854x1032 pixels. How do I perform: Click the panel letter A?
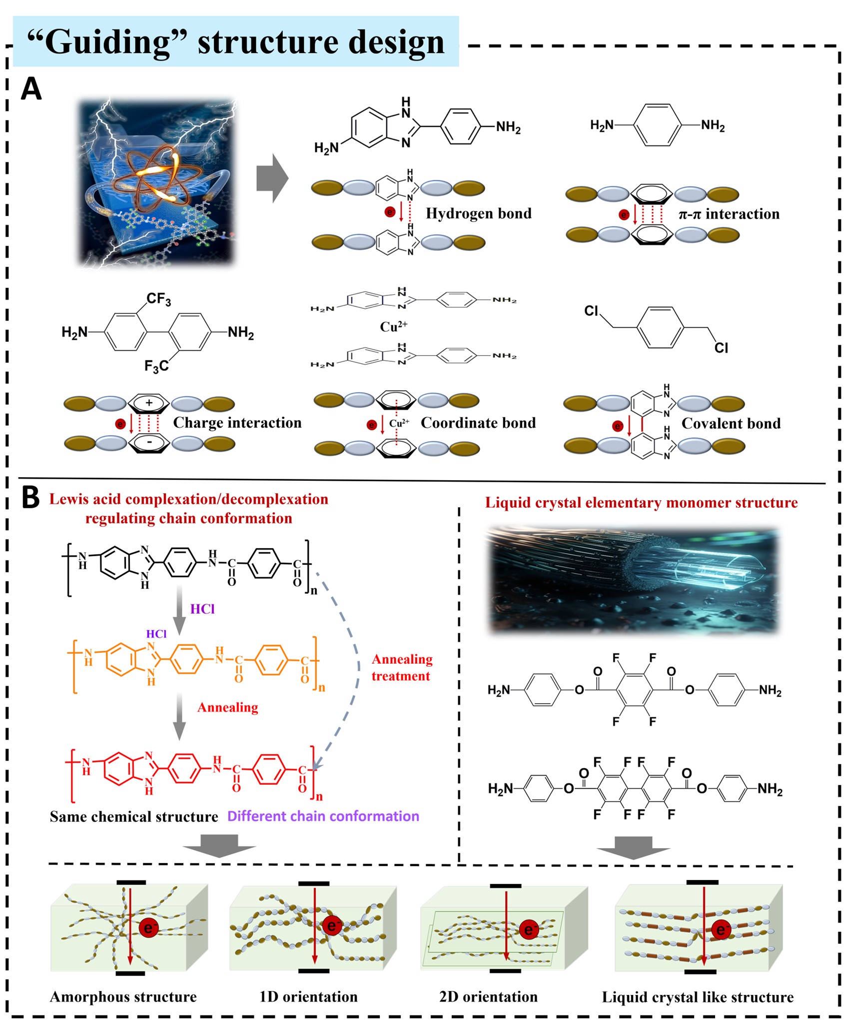point(31,89)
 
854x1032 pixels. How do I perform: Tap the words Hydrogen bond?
point(478,213)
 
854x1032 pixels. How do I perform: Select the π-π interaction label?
point(729,214)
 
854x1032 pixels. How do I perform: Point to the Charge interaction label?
point(237,423)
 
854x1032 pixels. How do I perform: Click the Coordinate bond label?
point(478,423)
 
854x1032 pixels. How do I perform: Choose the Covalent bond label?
point(731,423)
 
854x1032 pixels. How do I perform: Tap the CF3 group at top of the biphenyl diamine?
point(159,299)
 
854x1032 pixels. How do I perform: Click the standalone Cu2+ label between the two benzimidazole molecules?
point(393,327)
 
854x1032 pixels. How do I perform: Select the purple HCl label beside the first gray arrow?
point(202,609)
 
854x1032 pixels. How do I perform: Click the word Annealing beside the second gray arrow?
point(228,708)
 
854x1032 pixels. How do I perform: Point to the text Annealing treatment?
point(402,668)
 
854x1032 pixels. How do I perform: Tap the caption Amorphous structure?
point(123,997)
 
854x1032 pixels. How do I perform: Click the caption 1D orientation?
point(308,997)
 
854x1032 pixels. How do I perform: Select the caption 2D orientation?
point(488,997)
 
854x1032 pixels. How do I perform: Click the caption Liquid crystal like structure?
point(698,997)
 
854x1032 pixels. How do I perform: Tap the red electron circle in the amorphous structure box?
point(148,928)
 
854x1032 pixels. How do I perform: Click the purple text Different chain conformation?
point(323,816)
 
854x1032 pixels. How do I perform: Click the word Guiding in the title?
point(107,42)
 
